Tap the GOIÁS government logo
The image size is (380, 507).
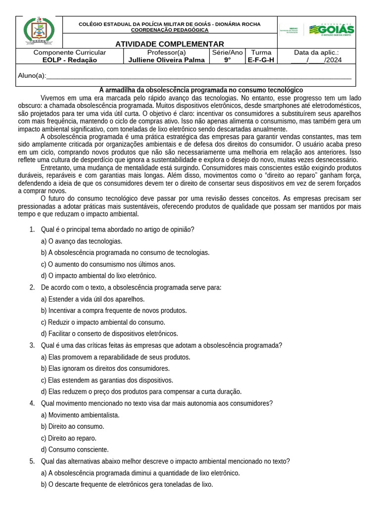coord(331,30)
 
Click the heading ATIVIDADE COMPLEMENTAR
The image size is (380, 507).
coord(170,44)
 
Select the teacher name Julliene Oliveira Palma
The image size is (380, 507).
coord(166,60)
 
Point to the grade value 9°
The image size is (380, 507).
coord(227,60)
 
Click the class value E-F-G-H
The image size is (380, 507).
coord(261,60)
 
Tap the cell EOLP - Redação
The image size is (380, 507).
coord(69,60)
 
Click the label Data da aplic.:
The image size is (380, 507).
coord(316,52)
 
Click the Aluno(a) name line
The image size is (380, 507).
coord(198,76)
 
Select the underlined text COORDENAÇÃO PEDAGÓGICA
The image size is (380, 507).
coord(170,30)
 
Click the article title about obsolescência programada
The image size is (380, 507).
coord(201,90)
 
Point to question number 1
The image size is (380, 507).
coord(32,229)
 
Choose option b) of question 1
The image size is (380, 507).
coord(125,253)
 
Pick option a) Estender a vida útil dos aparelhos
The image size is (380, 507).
coord(93,299)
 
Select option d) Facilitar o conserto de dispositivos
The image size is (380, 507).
coord(109,334)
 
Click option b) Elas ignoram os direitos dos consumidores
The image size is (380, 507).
coord(105,368)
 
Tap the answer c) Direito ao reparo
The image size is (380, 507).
coord(69,438)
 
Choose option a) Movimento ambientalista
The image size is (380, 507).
coord(80,415)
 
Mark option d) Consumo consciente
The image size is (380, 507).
coord(75,450)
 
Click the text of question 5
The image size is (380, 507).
coord(165,461)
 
